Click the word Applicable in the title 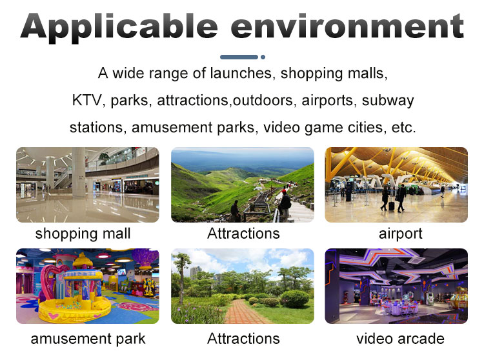pos(119,27)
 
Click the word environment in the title pos(347,26)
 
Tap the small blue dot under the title pos(263,57)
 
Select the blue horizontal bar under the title pos(239,57)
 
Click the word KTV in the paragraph pos(86,101)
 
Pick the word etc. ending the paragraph pos(404,128)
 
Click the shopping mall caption pos(83,234)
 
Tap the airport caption pos(400,234)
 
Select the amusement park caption pos(88,339)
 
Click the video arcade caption pos(400,339)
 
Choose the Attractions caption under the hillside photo pos(243,234)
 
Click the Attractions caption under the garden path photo pos(243,339)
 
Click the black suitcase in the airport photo pos(392,206)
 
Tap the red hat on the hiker pos(284,192)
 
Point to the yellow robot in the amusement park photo pos(150,286)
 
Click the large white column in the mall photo pos(79,172)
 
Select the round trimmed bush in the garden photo pos(295,299)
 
